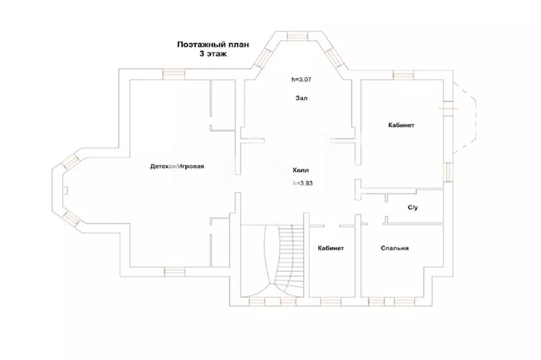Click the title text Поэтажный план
tap(213, 45)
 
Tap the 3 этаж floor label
tap(212, 54)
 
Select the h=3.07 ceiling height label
tap(301, 79)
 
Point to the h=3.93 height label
tap(302, 183)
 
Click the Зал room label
tap(301, 98)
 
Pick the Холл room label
tap(301, 170)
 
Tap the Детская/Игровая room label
tap(177, 167)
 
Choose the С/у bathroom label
tap(413, 208)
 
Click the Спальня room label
tap(394, 248)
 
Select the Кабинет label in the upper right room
tap(401, 125)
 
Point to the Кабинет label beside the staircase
tap(331, 248)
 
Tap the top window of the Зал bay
tap(298, 35)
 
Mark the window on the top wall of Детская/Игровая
tap(173, 73)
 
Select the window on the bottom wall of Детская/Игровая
tap(174, 271)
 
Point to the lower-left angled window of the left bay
tap(70, 217)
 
